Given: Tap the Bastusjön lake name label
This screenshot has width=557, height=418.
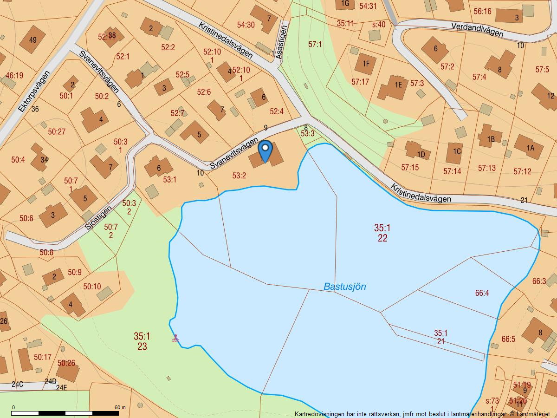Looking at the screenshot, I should click(x=344, y=287).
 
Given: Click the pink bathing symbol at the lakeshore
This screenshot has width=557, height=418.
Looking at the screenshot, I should click(x=175, y=339).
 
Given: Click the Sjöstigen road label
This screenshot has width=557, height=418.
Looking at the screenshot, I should click(x=98, y=218).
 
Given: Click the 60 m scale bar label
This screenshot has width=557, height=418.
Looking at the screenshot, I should click(x=120, y=407).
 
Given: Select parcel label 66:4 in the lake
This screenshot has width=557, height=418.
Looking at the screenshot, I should click(x=482, y=293).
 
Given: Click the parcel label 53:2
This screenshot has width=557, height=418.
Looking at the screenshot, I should click(x=239, y=176).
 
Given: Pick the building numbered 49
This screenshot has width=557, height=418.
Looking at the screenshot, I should click(x=32, y=40).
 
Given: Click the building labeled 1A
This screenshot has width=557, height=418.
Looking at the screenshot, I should click(x=529, y=148).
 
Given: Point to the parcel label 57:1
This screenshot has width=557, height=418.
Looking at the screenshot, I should click(x=315, y=44).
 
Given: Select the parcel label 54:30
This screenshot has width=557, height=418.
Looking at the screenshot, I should click(x=246, y=25).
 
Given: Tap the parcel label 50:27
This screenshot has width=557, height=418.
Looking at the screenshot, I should click(x=57, y=132).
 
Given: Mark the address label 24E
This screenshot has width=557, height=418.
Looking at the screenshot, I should click(x=61, y=387).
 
